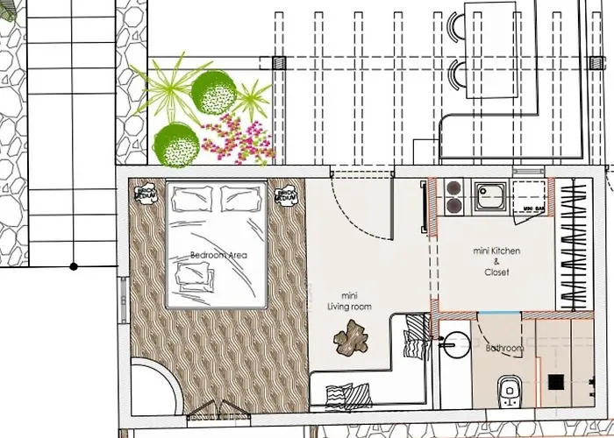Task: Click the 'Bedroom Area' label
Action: coord(218,255)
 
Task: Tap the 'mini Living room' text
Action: coord(349,301)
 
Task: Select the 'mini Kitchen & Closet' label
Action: coord(496,260)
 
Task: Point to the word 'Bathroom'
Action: coord(505,349)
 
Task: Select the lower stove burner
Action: coord(454,206)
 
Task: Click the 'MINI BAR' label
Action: coord(528,209)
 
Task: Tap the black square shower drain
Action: coord(556,382)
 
